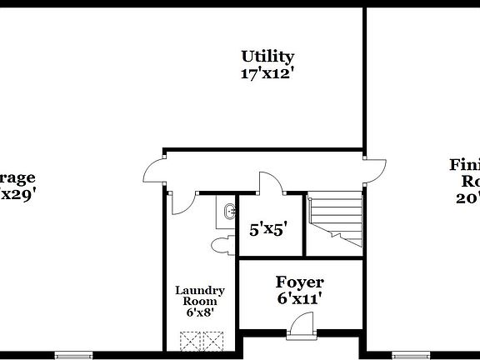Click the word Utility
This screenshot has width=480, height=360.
point(267,57)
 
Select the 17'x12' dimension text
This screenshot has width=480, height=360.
point(267,72)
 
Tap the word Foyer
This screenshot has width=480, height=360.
point(301,282)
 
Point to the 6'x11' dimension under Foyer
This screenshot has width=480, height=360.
point(301,297)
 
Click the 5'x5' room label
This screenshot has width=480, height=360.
point(269,228)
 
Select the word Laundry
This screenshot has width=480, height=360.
point(199,291)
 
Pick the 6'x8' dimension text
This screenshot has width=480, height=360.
point(199,312)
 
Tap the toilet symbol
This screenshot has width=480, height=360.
point(223,245)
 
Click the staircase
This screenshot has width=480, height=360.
point(336,221)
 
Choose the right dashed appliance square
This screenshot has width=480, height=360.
point(214,341)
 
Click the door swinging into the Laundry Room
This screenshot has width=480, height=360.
point(184,201)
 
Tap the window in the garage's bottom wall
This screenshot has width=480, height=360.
point(72,356)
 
